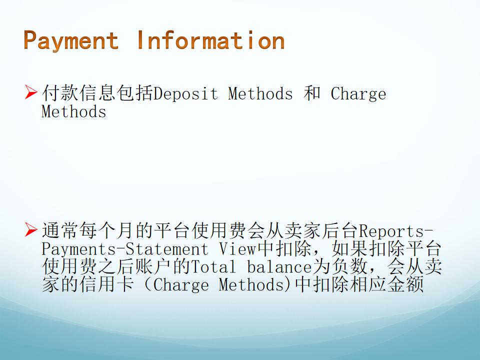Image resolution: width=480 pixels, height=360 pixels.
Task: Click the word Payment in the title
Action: pyautogui.click(x=71, y=40)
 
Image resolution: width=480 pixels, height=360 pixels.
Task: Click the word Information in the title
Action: pyautogui.click(x=211, y=40)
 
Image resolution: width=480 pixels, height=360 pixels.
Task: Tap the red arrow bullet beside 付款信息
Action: pyautogui.click(x=31, y=92)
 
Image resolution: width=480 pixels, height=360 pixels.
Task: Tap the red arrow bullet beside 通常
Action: pyautogui.click(x=31, y=230)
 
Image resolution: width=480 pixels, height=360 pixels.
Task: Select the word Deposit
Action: pyautogui.click(x=185, y=93)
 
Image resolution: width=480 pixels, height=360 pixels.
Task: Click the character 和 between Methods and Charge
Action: pyautogui.click(x=311, y=93)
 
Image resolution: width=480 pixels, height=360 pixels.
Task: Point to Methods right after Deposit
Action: pyautogui.click(x=260, y=93)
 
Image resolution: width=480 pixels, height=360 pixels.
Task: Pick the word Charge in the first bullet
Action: pyautogui.click(x=358, y=93)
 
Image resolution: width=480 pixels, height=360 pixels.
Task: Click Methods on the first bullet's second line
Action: pyautogui.click(x=74, y=111)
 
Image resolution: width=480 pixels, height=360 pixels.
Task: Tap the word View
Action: pyautogui.click(x=237, y=248)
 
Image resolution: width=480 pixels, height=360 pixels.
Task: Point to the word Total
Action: pyautogui.click(x=213, y=266)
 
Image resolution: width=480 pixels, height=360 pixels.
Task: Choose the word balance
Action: pyautogui.click(x=279, y=266)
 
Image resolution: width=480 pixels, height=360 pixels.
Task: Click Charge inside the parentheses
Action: pyautogui.click(x=180, y=285)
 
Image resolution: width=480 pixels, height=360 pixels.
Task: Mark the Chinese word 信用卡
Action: pyautogui.click(x=106, y=284)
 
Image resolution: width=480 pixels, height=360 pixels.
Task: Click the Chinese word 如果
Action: pyautogui.click(x=350, y=248)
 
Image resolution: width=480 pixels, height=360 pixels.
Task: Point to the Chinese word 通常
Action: pyautogui.click(x=60, y=230)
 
